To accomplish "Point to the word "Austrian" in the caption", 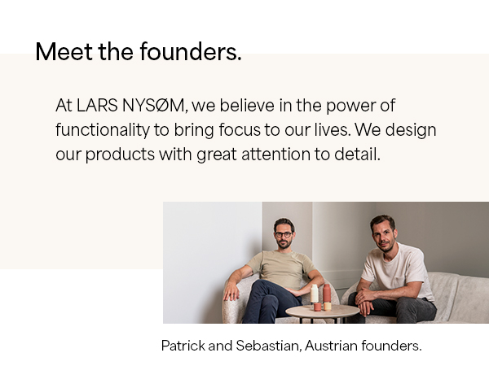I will (x=333, y=346).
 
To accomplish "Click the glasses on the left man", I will (x=283, y=234).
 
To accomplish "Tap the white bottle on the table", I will (x=314, y=293).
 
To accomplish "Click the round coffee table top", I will (x=322, y=311).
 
